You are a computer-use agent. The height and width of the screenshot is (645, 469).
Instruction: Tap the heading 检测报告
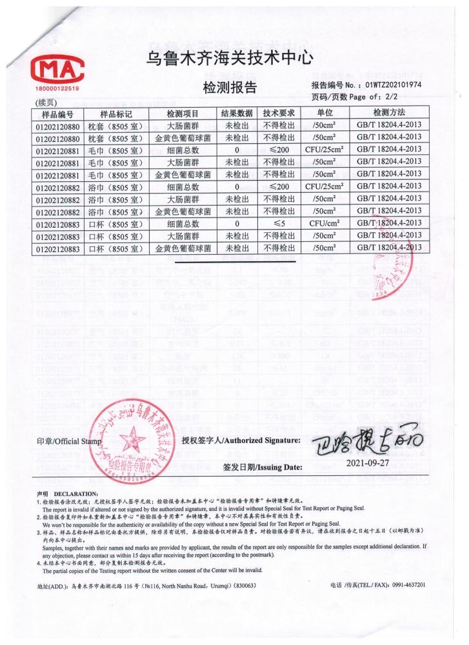tap(230, 88)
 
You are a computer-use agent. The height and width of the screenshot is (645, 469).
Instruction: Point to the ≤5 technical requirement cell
tap(279, 224)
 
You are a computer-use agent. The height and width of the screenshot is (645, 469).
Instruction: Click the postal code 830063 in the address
tap(244, 586)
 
